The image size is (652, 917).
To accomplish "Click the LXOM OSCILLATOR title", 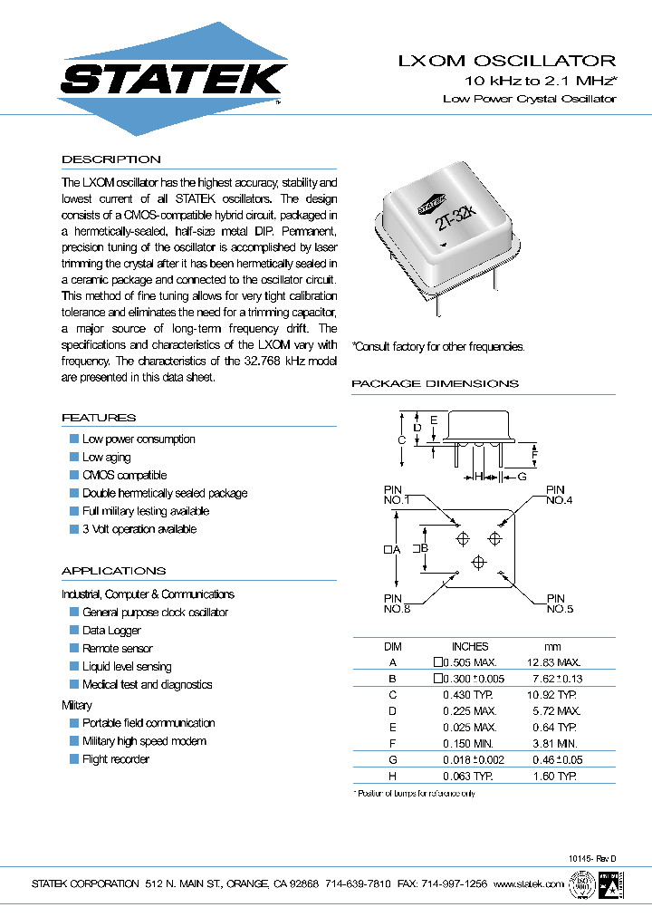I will tap(507, 62).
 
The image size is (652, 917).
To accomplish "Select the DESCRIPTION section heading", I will tap(110, 159).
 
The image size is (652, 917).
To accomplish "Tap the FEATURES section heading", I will tap(99, 418).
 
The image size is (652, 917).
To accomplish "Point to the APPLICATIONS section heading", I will tap(113, 571).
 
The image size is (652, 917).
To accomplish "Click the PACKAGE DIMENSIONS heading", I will tap(435, 383).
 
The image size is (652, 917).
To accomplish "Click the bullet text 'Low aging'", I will tap(106, 458).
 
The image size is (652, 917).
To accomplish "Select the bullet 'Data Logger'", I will tap(111, 631).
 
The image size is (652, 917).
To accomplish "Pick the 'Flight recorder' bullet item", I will tap(116, 759).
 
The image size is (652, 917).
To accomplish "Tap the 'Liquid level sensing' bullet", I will tap(127, 667).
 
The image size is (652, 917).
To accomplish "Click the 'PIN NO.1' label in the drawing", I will tap(397, 495).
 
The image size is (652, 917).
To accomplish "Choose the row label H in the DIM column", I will tap(392, 777).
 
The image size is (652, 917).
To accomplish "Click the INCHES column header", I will tap(469, 646).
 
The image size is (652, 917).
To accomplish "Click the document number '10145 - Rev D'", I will tap(592, 857).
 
